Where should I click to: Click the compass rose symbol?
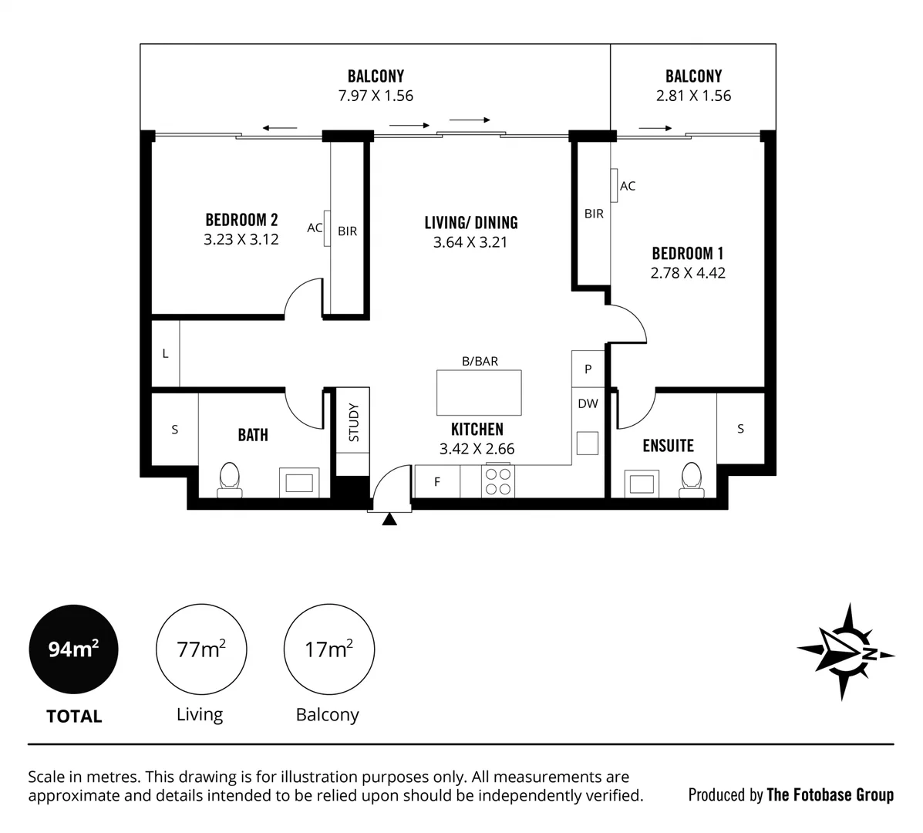tap(845, 652)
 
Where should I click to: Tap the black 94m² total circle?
tap(74, 649)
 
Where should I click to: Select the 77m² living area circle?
tap(201, 649)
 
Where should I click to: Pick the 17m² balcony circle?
tap(329, 649)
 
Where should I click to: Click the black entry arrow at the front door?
tap(389, 520)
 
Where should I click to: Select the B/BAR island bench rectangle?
tap(478, 393)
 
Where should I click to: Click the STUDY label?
tap(354, 422)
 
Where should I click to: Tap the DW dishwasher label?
tap(588, 403)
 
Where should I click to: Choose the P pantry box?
tap(588, 369)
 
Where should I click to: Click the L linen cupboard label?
tap(165, 354)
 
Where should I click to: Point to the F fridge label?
tap(437, 482)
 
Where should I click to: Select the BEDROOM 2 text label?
tap(241, 220)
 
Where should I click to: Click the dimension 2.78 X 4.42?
tap(688, 273)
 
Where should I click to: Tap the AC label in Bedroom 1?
tap(628, 186)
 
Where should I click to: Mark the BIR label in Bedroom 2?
tap(347, 231)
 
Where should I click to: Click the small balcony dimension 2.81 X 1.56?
tap(693, 96)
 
